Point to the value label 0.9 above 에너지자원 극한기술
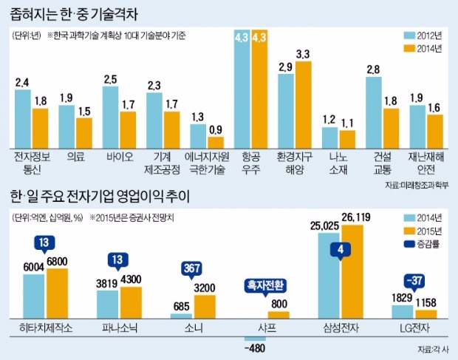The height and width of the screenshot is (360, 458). tap(216, 130)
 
